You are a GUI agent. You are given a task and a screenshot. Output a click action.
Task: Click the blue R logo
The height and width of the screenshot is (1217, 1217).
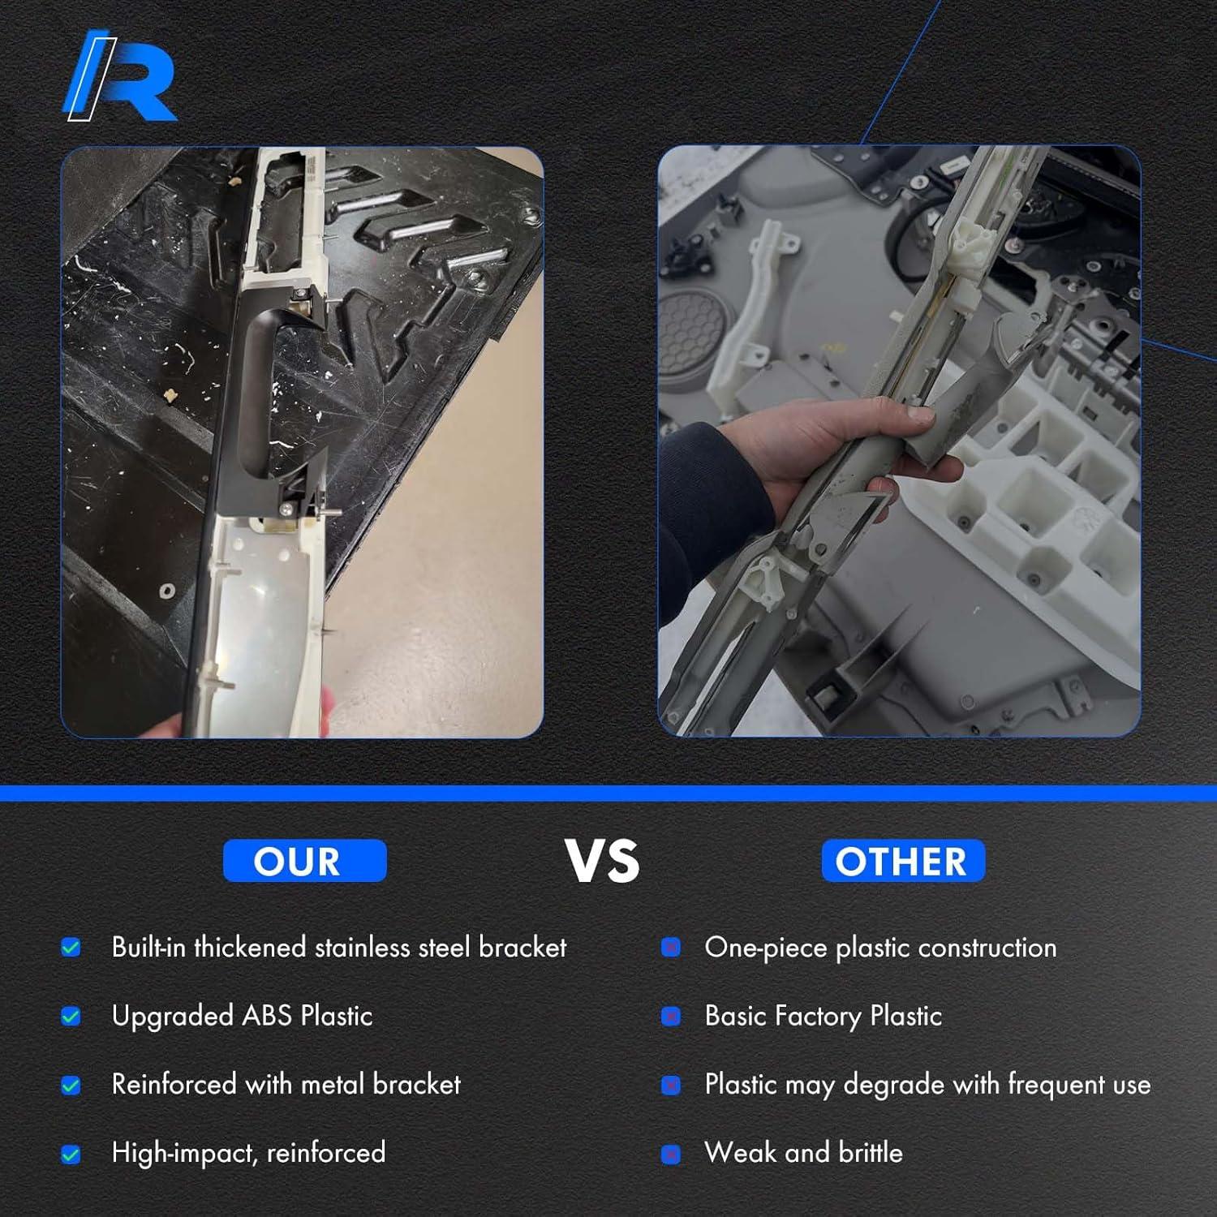tap(120, 77)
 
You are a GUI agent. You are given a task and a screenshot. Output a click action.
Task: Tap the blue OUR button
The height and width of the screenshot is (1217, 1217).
tap(305, 861)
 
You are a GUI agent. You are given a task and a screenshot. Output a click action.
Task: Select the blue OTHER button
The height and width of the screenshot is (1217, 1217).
tap(903, 861)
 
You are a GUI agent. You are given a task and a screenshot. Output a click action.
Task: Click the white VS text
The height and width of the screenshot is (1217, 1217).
tap(602, 861)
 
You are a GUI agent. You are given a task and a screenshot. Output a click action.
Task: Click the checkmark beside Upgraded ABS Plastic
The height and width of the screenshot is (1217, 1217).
tap(71, 1016)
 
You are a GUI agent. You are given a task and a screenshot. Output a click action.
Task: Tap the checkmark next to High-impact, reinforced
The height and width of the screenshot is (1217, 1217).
tap(71, 1154)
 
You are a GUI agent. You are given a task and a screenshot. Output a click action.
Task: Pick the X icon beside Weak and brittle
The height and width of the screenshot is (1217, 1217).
tap(671, 1154)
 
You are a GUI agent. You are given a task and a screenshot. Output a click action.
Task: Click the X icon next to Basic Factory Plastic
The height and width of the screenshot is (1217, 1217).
tap(671, 1016)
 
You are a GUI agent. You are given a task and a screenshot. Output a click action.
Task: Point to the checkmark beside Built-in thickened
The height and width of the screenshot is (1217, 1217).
tap(71, 947)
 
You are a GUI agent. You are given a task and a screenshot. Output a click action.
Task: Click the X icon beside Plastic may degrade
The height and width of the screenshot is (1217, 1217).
tap(671, 1085)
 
